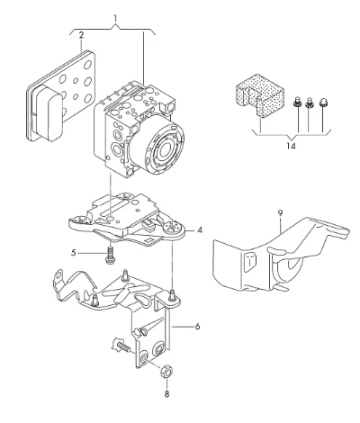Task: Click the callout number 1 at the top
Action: (x=115, y=19)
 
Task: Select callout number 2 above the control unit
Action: (x=81, y=35)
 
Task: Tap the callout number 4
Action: (x=200, y=230)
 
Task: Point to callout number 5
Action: (x=74, y=253)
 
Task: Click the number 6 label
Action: (x=197, y=326)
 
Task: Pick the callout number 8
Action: (x=166, y=393)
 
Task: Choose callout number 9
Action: (x=280, y=213)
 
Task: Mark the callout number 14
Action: (x=291, y=146)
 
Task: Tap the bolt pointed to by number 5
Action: (x=111, y=255)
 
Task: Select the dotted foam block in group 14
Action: (x=260, y=94)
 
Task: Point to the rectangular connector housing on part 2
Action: (x=48, y=112)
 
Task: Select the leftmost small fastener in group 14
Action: (x=296, y=102)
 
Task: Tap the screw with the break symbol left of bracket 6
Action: (x=121, y=346)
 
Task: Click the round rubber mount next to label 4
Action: (x=173, y=228)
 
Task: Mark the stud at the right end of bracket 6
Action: (x=172, y=294)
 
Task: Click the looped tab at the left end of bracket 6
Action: (x=58, y=277)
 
